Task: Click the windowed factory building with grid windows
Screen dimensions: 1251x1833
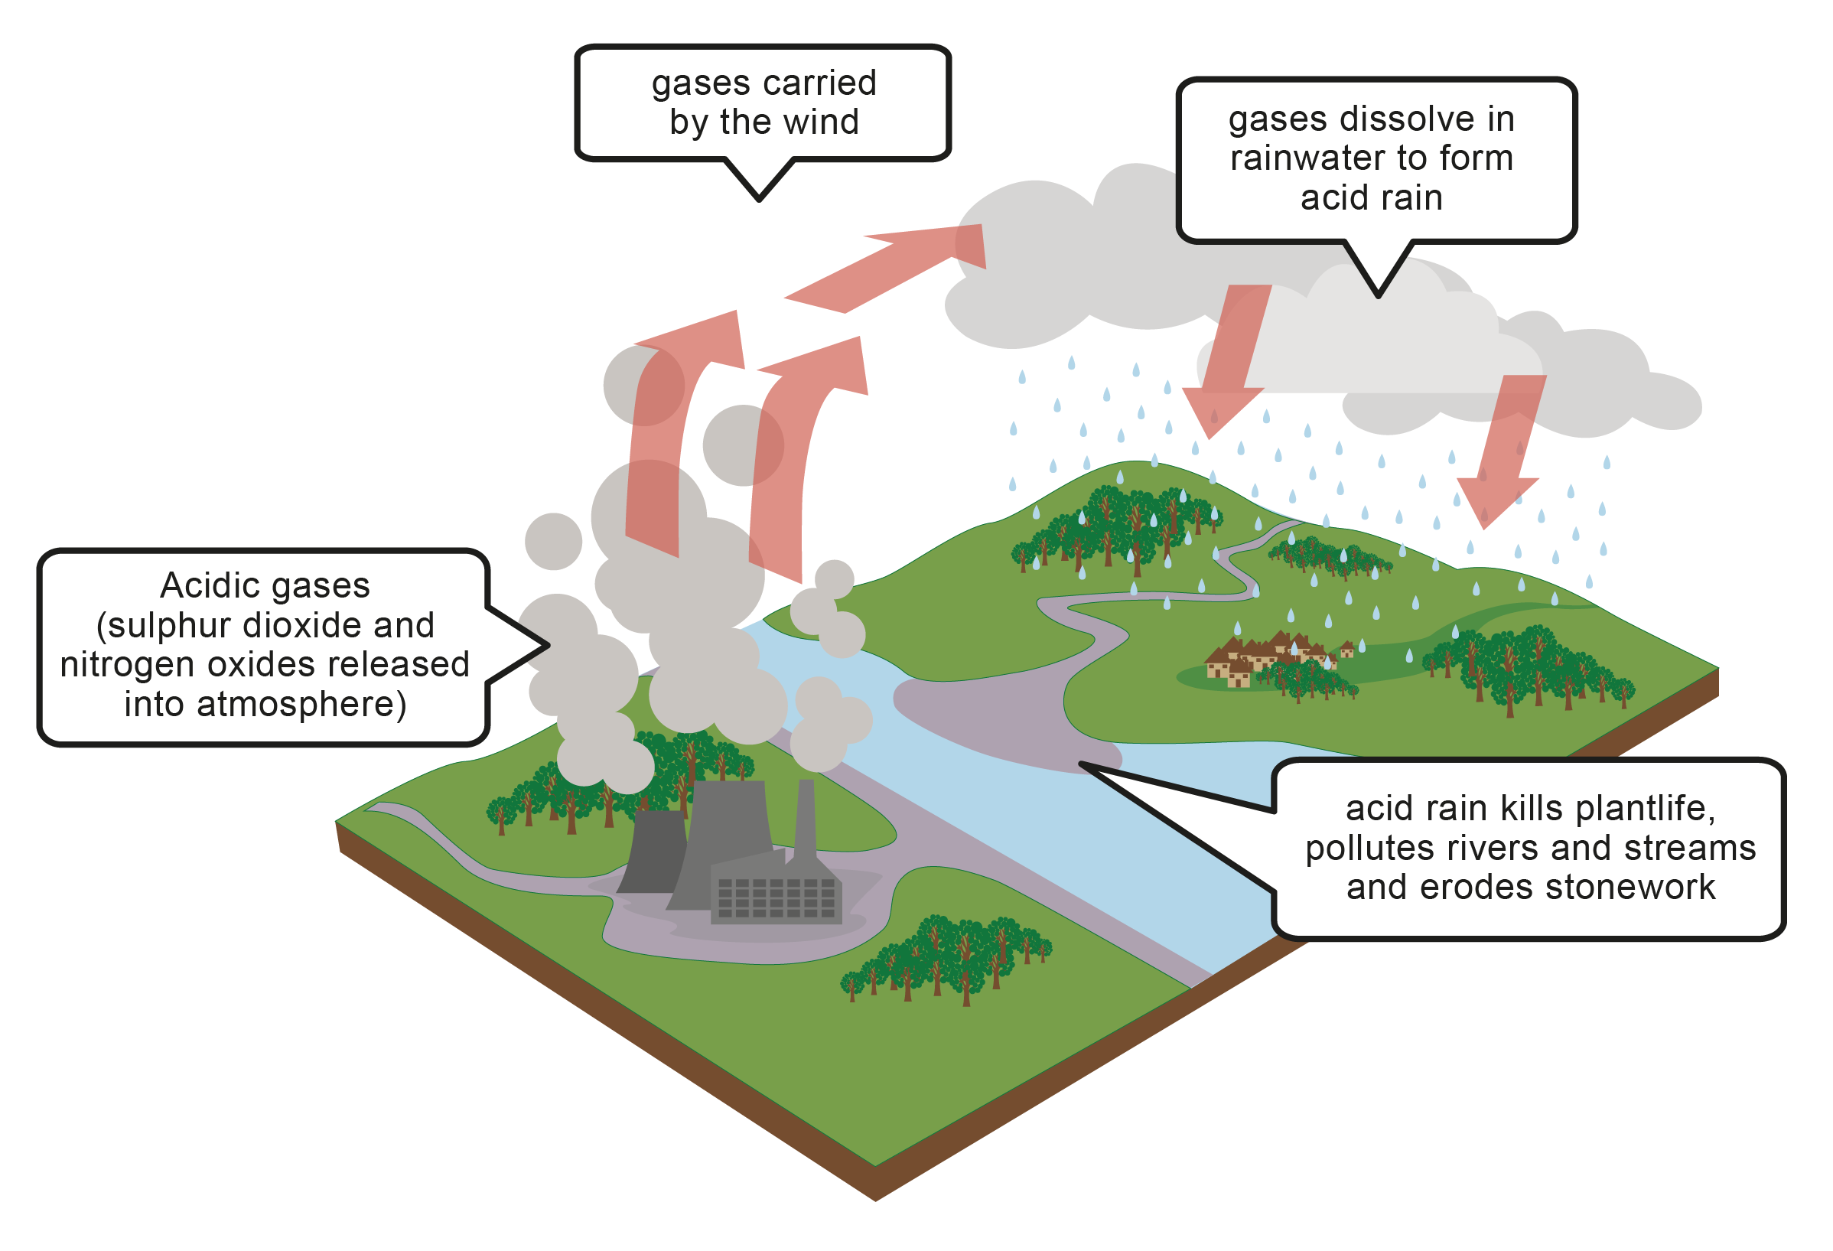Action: (x=777, y=895)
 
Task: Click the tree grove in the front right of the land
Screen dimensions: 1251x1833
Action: (x=946, y=959)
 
